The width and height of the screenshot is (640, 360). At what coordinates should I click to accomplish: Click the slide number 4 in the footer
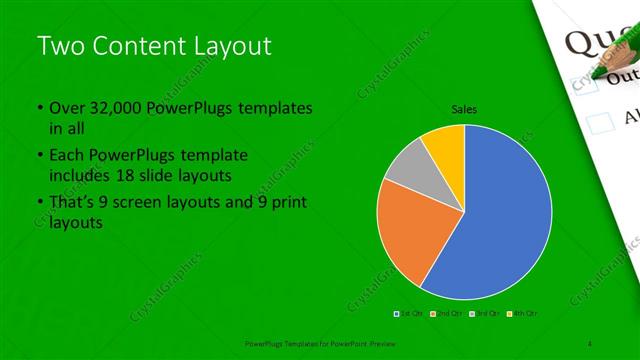point(591,342)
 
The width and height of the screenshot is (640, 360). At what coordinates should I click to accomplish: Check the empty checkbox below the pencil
point(600,122)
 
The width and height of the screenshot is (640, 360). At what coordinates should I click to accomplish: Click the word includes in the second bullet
point(79,176)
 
